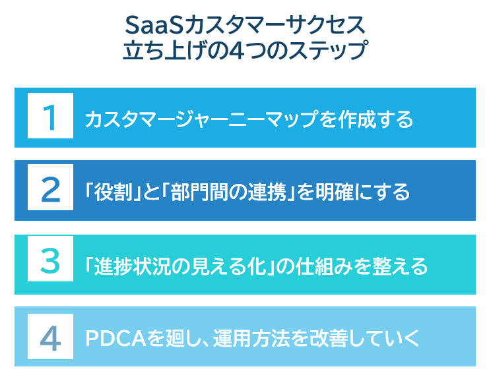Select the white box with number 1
[x=50, y=118]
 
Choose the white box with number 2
[x=50, y=191]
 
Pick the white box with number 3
[x=50, y=264]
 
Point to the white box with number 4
[x=50, y=337]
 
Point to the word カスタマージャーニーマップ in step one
[x=187, y=119]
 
